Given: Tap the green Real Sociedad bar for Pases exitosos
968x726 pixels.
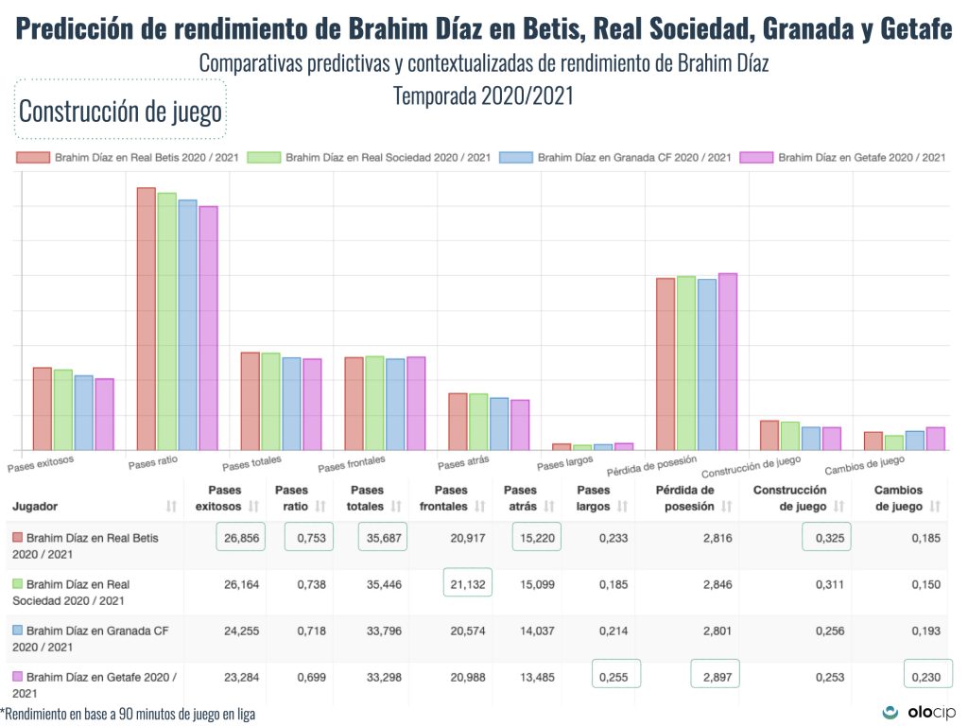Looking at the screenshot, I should (x=63, y=409).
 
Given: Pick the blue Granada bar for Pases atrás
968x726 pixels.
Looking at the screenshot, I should (x=499, y=423).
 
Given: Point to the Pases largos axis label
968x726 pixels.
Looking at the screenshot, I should (x=564, y=463).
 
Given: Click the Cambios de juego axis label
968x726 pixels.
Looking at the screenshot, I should (x=864, y=464).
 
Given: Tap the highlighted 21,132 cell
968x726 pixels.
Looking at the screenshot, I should (x=467, y=584).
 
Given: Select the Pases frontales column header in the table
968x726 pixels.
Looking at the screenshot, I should (x=451, y=498).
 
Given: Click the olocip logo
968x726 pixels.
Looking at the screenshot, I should (x=920, y=712).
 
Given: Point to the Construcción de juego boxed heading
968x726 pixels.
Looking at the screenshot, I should (x=120, y=112).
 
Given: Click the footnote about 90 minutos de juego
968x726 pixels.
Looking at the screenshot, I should (x=128, y=715).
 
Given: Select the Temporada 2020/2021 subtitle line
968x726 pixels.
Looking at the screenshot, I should (x=483, y=95).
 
